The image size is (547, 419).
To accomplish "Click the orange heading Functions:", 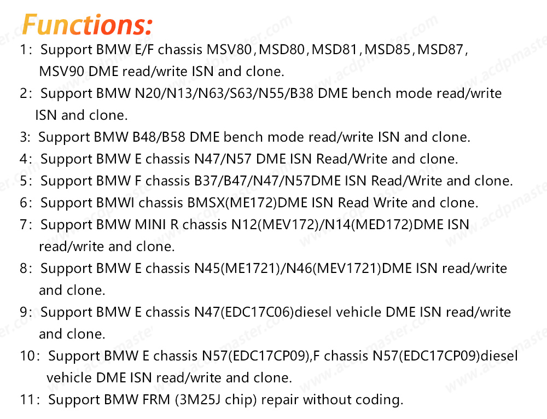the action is pos(87,25).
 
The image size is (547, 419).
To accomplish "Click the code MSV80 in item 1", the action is pos(229,50).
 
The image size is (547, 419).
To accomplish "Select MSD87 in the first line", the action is pos(440,50).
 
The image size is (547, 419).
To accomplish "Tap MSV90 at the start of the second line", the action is pos(61,72).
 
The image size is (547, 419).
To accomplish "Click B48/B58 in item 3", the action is pos(159,137).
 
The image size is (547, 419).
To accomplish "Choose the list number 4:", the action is pos(26,159).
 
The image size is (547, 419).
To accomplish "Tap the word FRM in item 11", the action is pos(156,400).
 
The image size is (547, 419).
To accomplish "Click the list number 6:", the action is pos(26,203).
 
